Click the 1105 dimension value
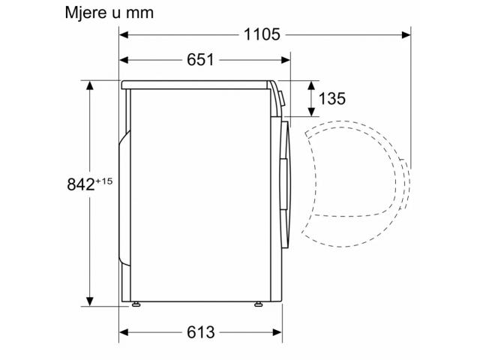pyautogui.click(x=262, y=34)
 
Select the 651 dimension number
pyautogui.click(x=200, y=60)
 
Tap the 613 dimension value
pyautogui.click(x=201, y=332)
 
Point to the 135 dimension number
pyautogui.click(x=331, y=98)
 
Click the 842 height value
pyautogui.click(x=81, y=184)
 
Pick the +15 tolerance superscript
pyautogui.click(x=104, y=181)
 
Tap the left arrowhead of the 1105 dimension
pyautogui.click(x=123, y=34)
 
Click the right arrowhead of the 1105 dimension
pyautogui.click(x=406, y=34)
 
